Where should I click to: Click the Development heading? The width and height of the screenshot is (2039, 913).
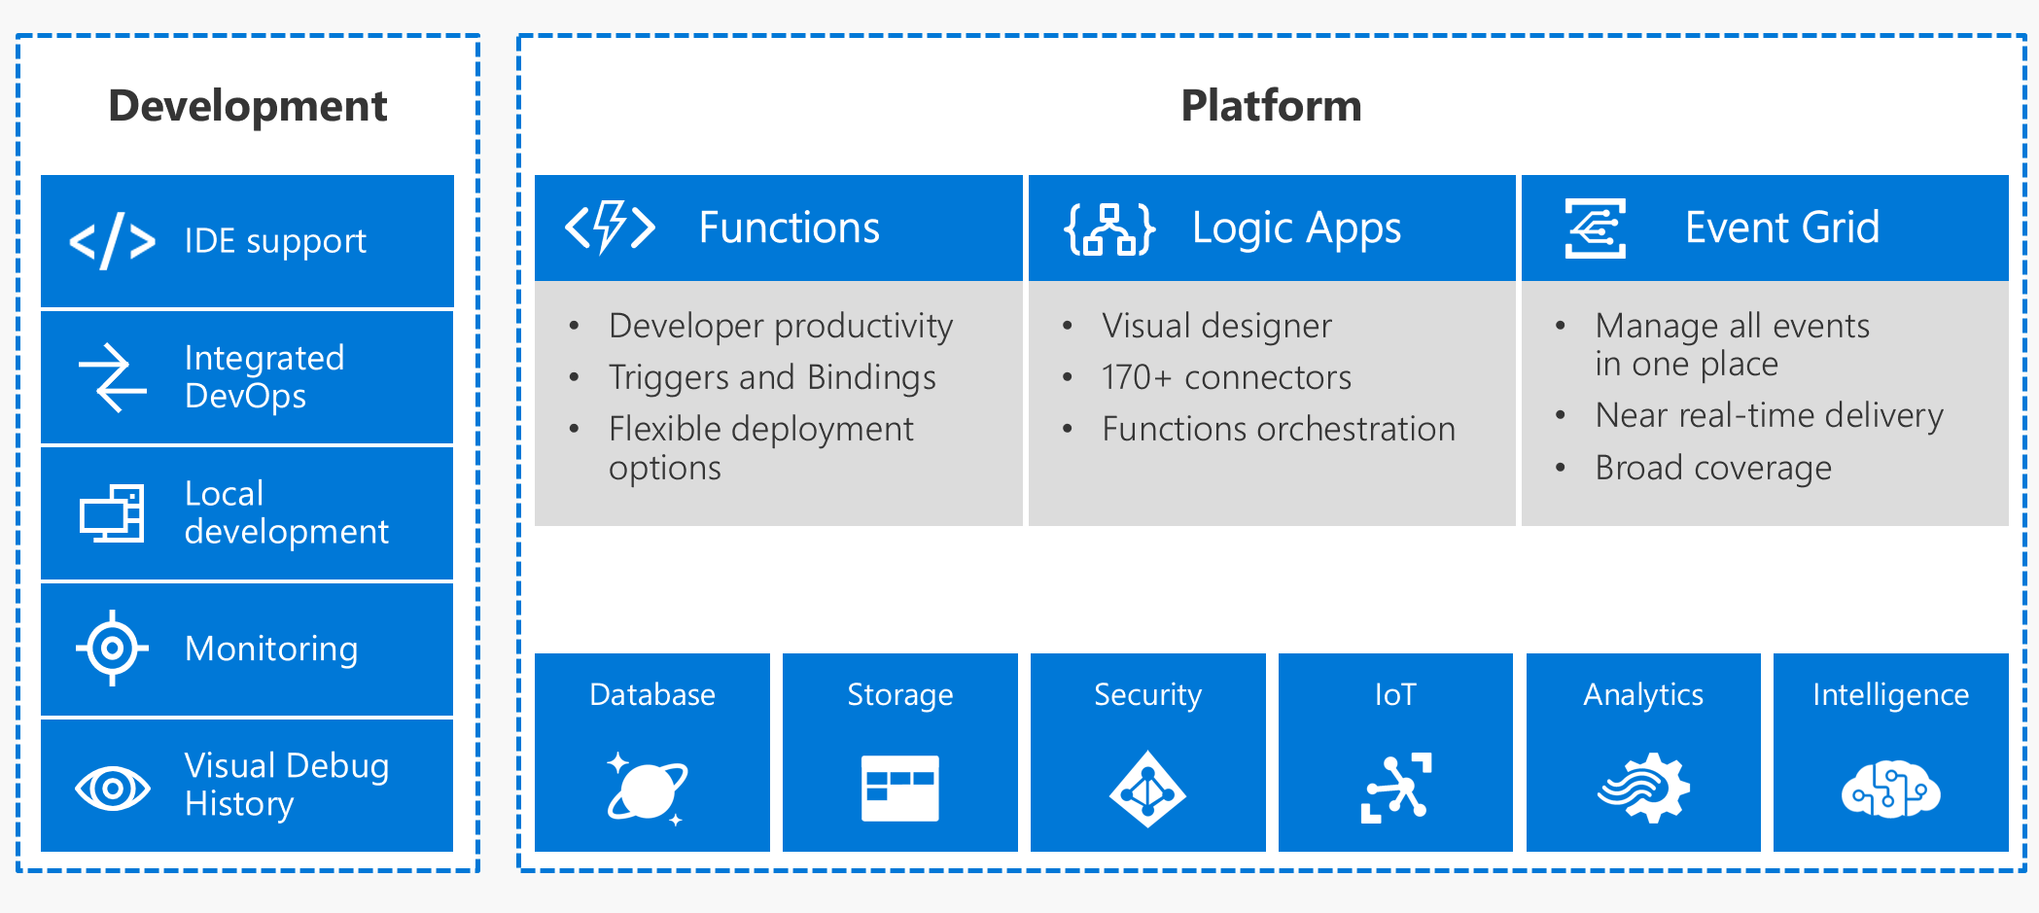[x=247, y=105]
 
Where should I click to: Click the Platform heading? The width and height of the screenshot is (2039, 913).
[x=1271, y=105]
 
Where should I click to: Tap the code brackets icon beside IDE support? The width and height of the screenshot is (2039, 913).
[x=113, y=241]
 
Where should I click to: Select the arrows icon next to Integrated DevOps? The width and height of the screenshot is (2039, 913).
[x=113, y=377]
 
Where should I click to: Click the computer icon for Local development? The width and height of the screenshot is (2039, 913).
[x=113, y=513]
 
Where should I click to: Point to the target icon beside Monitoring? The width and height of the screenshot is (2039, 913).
[x=113, y=649]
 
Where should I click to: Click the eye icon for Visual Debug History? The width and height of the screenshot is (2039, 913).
[x=113, y=787]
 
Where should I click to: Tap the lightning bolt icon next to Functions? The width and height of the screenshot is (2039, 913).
[x=610, y=228]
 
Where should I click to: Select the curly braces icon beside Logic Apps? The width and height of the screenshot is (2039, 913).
[x=1109, y=229]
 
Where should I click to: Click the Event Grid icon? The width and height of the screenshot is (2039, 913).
[x=1595, y=228]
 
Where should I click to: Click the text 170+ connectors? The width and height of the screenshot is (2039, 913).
[x=1226, y=377]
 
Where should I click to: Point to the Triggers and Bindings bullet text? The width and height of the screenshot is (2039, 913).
[x=772, y=377]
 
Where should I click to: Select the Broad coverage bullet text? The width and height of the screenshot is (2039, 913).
[x=1713, y=468]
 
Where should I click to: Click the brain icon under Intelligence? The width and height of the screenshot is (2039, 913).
[x=1890, y=789]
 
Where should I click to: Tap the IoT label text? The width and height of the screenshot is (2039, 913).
[x=1395, y=694]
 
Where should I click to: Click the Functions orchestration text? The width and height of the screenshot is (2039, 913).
[x=1279, y=429]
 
